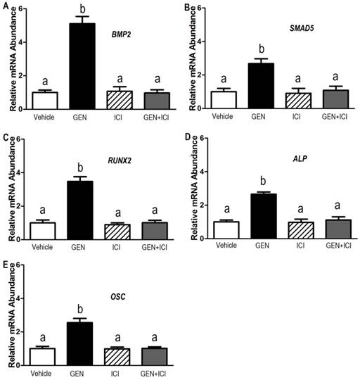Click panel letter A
pos(6,6)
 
